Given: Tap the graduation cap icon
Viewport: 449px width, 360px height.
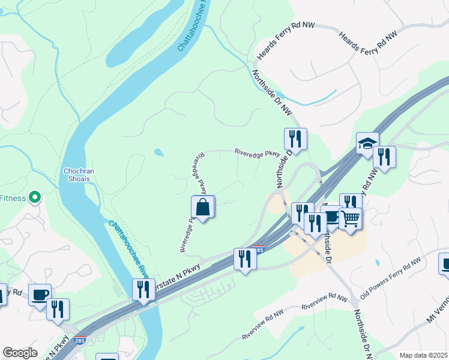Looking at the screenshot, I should (x=367, y=143).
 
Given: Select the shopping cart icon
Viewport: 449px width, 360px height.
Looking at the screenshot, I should (x=351, y=218).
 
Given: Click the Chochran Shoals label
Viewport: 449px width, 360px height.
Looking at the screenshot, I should (x=77, y=175).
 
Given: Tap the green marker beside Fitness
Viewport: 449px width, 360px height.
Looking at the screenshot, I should (x=35, y=197).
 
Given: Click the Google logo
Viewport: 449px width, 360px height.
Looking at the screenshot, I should (x=20, y=353).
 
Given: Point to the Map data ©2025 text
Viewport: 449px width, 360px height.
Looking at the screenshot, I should (x=423, y=355).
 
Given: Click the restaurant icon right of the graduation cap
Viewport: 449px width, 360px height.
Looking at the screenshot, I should (x=384, y=157).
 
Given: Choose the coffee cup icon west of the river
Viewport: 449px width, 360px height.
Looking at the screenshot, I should (x=40, y=295).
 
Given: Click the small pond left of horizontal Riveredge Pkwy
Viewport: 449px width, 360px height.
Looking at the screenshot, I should (x=158, y=152).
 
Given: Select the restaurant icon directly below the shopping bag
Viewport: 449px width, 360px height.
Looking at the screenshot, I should (x=244, y=259).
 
